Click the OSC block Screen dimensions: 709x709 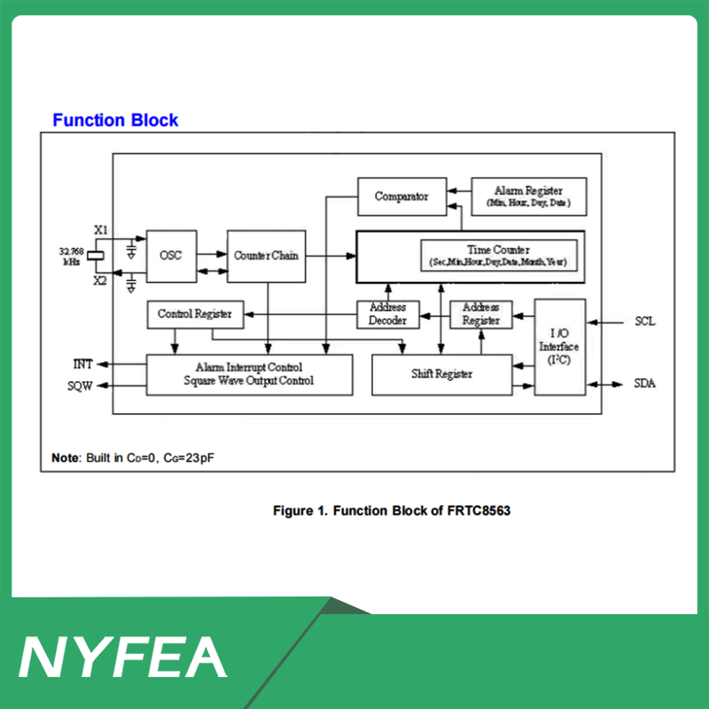point(171,256)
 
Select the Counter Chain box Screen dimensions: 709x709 point(267,256)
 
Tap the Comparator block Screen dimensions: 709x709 point(402,197)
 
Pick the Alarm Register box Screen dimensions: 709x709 point(529,197)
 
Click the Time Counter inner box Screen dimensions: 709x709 point(499,256)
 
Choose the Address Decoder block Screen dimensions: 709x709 point(388,315)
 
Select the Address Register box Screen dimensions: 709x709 point(481,315)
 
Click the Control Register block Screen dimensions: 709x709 point(195,315)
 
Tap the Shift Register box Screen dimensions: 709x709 point(441,375)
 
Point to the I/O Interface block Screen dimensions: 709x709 point(560,347)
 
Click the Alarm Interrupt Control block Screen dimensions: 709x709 point(249,375)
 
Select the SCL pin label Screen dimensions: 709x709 point(645,322)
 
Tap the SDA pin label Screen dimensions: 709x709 point(645,384)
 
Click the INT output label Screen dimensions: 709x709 point(82,364)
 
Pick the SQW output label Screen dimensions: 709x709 point(80,386)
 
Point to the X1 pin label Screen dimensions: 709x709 point(101,230)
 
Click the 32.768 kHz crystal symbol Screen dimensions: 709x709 point(96,255)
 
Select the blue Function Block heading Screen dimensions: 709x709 point(115,121)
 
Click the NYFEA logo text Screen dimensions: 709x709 point(122,657)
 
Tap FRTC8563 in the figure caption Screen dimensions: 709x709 point(479,511)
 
